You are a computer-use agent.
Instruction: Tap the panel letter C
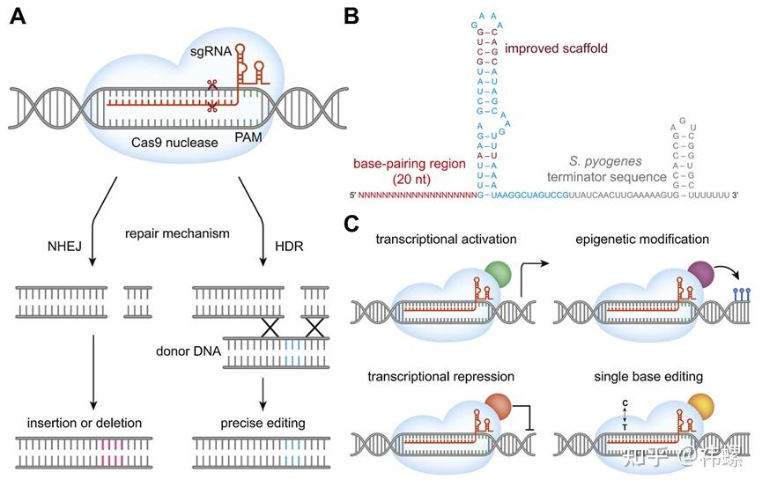point(352,225)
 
